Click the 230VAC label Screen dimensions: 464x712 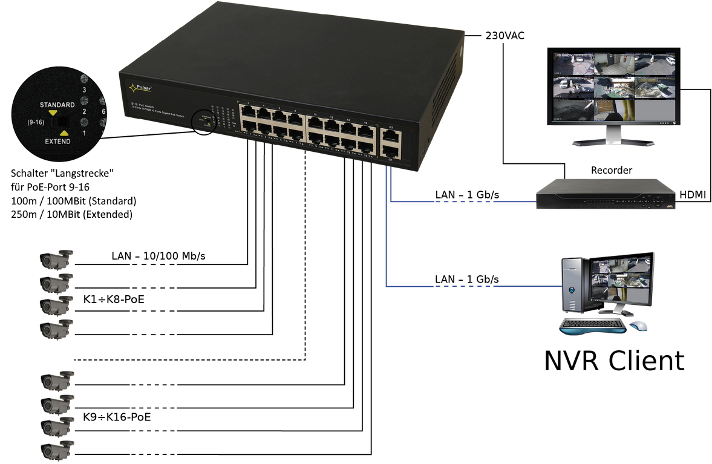(x=505, y=36)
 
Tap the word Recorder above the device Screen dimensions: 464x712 (x=611, y=171)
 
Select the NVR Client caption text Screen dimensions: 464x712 (x=614, y=361)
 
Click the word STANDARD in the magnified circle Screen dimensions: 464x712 (x=57, y=104)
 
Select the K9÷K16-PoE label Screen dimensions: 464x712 (x=116, y=417)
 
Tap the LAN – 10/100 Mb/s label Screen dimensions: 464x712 (x=158, y=256)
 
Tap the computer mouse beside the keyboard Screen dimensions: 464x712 (x=638, y=326)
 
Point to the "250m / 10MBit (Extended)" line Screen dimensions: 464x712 (x=71, y=214)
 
